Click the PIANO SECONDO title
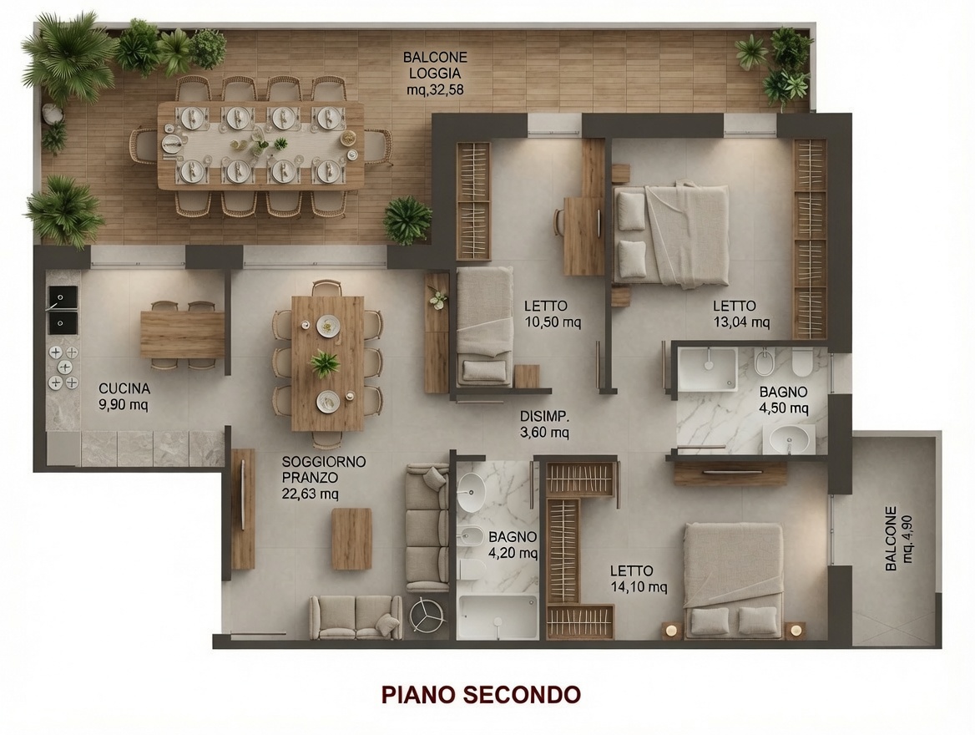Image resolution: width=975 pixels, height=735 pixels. [481, 694]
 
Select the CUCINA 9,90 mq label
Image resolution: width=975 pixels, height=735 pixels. [124, 397]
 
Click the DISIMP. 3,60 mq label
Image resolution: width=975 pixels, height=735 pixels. [545, 423]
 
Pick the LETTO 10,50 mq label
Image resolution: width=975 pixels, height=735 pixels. [552, 314]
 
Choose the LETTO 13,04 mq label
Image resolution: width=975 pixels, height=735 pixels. [741, 314]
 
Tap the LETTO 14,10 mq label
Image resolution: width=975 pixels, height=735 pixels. [639, 579]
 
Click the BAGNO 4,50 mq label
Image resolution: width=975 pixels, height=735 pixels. [784, 400]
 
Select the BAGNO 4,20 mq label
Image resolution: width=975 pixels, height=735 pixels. [513, 545]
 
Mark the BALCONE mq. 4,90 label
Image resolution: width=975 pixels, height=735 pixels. [899, 539]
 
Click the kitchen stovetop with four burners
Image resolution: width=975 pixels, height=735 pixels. [63, 367]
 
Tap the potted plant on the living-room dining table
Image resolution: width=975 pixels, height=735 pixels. [325, 362]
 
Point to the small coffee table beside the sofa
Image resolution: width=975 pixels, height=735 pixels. [351, 539]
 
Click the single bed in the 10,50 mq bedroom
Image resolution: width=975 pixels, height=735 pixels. [485, 326]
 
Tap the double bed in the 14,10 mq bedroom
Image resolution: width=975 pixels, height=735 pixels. [733, 580]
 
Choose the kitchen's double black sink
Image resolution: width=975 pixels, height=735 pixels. [63, 309]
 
